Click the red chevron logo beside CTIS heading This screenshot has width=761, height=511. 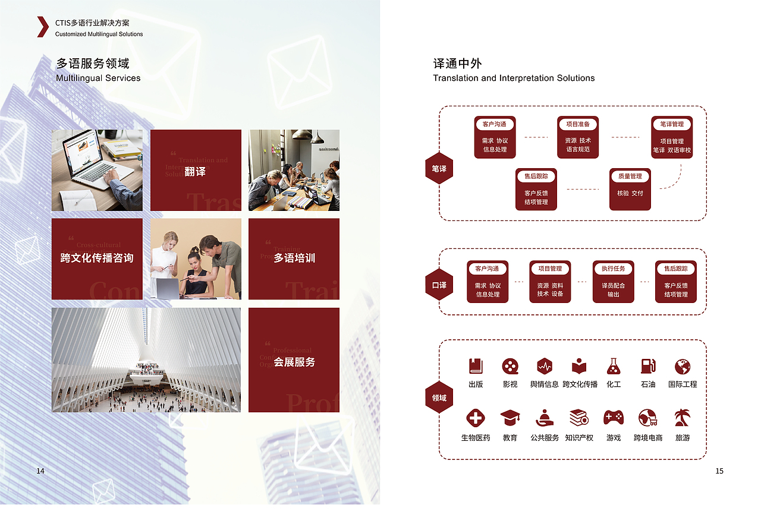tap(42, 27)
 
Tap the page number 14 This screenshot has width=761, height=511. tap(40, 471)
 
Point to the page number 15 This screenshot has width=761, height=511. tap(719, 471)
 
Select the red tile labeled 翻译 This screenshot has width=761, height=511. tap(196, 171)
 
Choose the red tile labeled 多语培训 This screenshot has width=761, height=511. tap(294, 259)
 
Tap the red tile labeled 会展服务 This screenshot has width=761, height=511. tap(294, 360)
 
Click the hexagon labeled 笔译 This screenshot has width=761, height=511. tap(439, 169)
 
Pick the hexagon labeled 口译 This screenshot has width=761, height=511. tap(439, 285)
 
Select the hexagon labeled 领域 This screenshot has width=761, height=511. tap(439, 398)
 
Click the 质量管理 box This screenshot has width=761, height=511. tap(630, 189)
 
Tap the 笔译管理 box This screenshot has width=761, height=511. tap(672, 137)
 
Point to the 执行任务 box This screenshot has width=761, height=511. tap(613, 282)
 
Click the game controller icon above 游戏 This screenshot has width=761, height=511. tap(614, 418)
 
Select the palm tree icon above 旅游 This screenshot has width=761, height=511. tap(682, 418)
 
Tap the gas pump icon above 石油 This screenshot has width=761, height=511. tap(648, 366)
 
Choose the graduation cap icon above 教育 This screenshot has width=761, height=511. tap(510, 418)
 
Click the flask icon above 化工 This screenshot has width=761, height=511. tap(614, 366)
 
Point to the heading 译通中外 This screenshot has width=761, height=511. tap(457, 64)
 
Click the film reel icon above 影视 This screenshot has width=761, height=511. tap(510, 366)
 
